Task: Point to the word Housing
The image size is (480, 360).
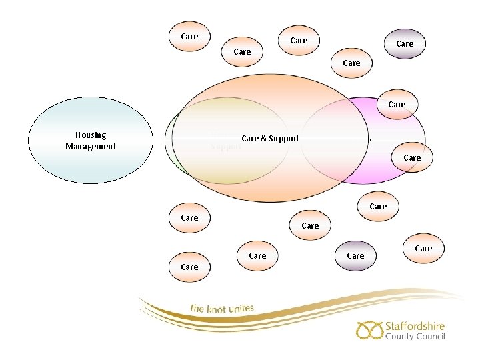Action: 91,135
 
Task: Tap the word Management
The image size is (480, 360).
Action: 91,147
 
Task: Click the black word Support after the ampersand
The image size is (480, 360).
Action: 283,139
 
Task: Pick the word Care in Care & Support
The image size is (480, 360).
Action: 250,139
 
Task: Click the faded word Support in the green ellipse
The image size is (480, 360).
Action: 225,147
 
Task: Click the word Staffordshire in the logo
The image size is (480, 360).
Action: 415,327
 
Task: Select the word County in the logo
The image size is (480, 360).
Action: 399,337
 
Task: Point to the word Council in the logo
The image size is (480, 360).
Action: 430,337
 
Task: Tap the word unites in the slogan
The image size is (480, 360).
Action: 242,308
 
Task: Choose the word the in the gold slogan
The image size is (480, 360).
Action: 197,309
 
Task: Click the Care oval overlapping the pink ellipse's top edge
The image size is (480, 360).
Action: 397,105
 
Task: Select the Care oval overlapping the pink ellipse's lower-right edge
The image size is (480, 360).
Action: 412,158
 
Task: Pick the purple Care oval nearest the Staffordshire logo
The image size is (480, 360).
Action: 355,256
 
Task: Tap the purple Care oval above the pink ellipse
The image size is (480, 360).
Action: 405,44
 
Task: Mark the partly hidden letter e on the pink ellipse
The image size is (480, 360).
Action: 369,141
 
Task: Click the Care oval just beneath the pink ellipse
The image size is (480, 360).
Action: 378,207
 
